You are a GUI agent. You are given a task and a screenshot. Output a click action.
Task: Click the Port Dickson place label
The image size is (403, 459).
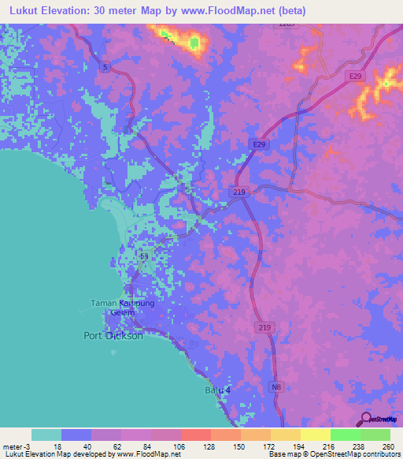113,335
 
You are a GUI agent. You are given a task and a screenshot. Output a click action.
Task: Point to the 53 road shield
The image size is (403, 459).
143,256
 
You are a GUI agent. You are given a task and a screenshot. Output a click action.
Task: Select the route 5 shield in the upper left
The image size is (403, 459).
105,68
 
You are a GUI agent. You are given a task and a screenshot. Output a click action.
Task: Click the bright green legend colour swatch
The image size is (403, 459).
345,435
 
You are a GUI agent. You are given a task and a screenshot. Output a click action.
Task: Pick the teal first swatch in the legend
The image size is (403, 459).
46,435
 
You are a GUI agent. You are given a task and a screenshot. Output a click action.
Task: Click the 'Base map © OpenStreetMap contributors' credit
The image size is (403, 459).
333,454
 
